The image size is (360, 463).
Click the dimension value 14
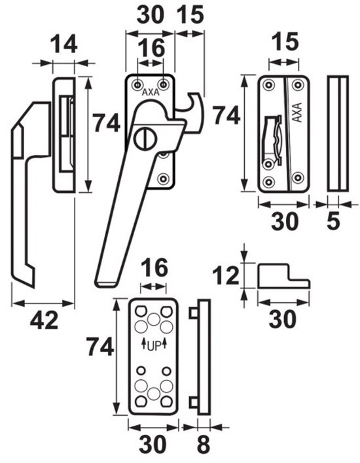point(63,44)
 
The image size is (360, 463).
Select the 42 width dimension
point(44,321)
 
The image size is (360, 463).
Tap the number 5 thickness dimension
point(333,221)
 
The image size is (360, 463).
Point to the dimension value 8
point(204,445)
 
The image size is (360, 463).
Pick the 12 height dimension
point(226,275)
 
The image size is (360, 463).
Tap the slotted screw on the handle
point(144,139)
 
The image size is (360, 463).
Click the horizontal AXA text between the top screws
point(151,92)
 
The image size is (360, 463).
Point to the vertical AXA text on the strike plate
point(297,112)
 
